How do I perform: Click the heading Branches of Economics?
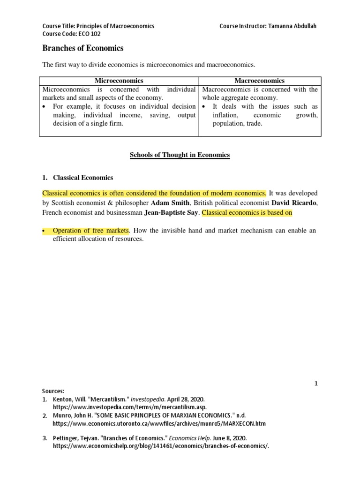pos(83,48)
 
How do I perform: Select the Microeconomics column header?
pos(119,81)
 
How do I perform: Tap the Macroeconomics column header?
pos(260,81)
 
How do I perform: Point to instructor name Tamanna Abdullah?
pos(292,26)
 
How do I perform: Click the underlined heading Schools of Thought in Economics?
pos(180,155)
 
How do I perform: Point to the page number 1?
pos(316,383)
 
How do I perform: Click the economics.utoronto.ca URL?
pos(159,423)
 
